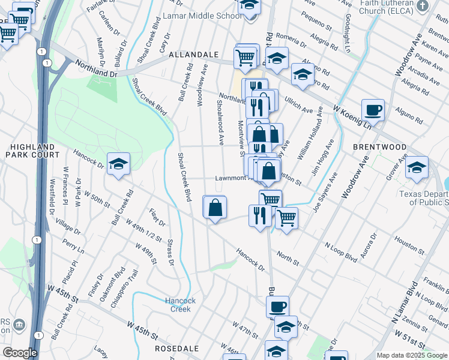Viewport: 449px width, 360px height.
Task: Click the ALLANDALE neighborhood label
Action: (x=193, y=54)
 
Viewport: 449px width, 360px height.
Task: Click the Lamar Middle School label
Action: (x=202, y=16)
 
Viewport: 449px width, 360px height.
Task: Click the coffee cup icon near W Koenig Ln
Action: (x=373, y=110)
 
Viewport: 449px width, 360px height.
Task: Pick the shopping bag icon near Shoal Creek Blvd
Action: (x=215, y=208)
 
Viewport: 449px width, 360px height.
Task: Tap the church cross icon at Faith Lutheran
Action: (x=423, y=7)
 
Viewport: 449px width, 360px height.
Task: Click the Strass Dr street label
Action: (x=170, y=254)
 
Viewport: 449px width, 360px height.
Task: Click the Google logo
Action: (x=20, y=353)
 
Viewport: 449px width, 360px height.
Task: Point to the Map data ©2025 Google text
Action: (x=412, y=355)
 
